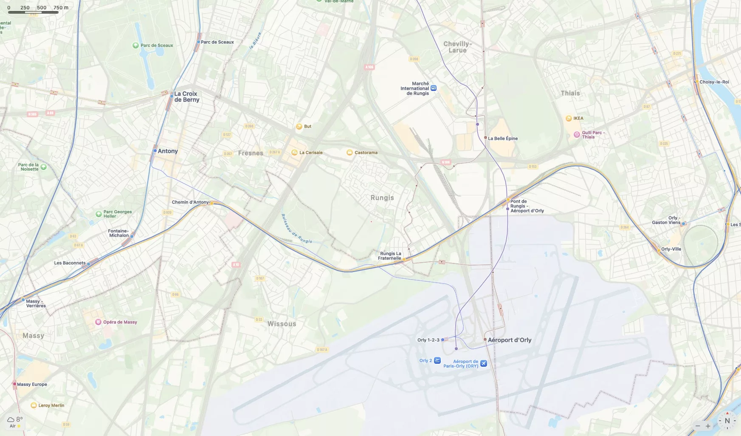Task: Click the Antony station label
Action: pos(168,151)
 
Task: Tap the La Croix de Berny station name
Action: pos(186,97)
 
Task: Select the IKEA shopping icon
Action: pos(569,119)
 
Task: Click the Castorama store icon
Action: pos(349,153)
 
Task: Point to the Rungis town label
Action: pos(382,198)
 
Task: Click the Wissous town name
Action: pos(282,324)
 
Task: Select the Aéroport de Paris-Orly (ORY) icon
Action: pos(483,363)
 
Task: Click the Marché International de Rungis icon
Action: pos(434,88)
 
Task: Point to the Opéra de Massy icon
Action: pos(98,322)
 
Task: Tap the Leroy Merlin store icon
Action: pos(34,405)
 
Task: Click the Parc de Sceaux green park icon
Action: pos(135,45)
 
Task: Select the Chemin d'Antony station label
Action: pos(190,202)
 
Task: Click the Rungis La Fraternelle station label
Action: pos(389,256)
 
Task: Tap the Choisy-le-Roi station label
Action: pos(714,82)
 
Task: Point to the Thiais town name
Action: pos(570,93)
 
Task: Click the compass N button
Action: pos(727,421)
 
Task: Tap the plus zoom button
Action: pos(708,426)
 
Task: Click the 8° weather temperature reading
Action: pos(20,419)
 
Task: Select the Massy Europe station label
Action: pos(32,385)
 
